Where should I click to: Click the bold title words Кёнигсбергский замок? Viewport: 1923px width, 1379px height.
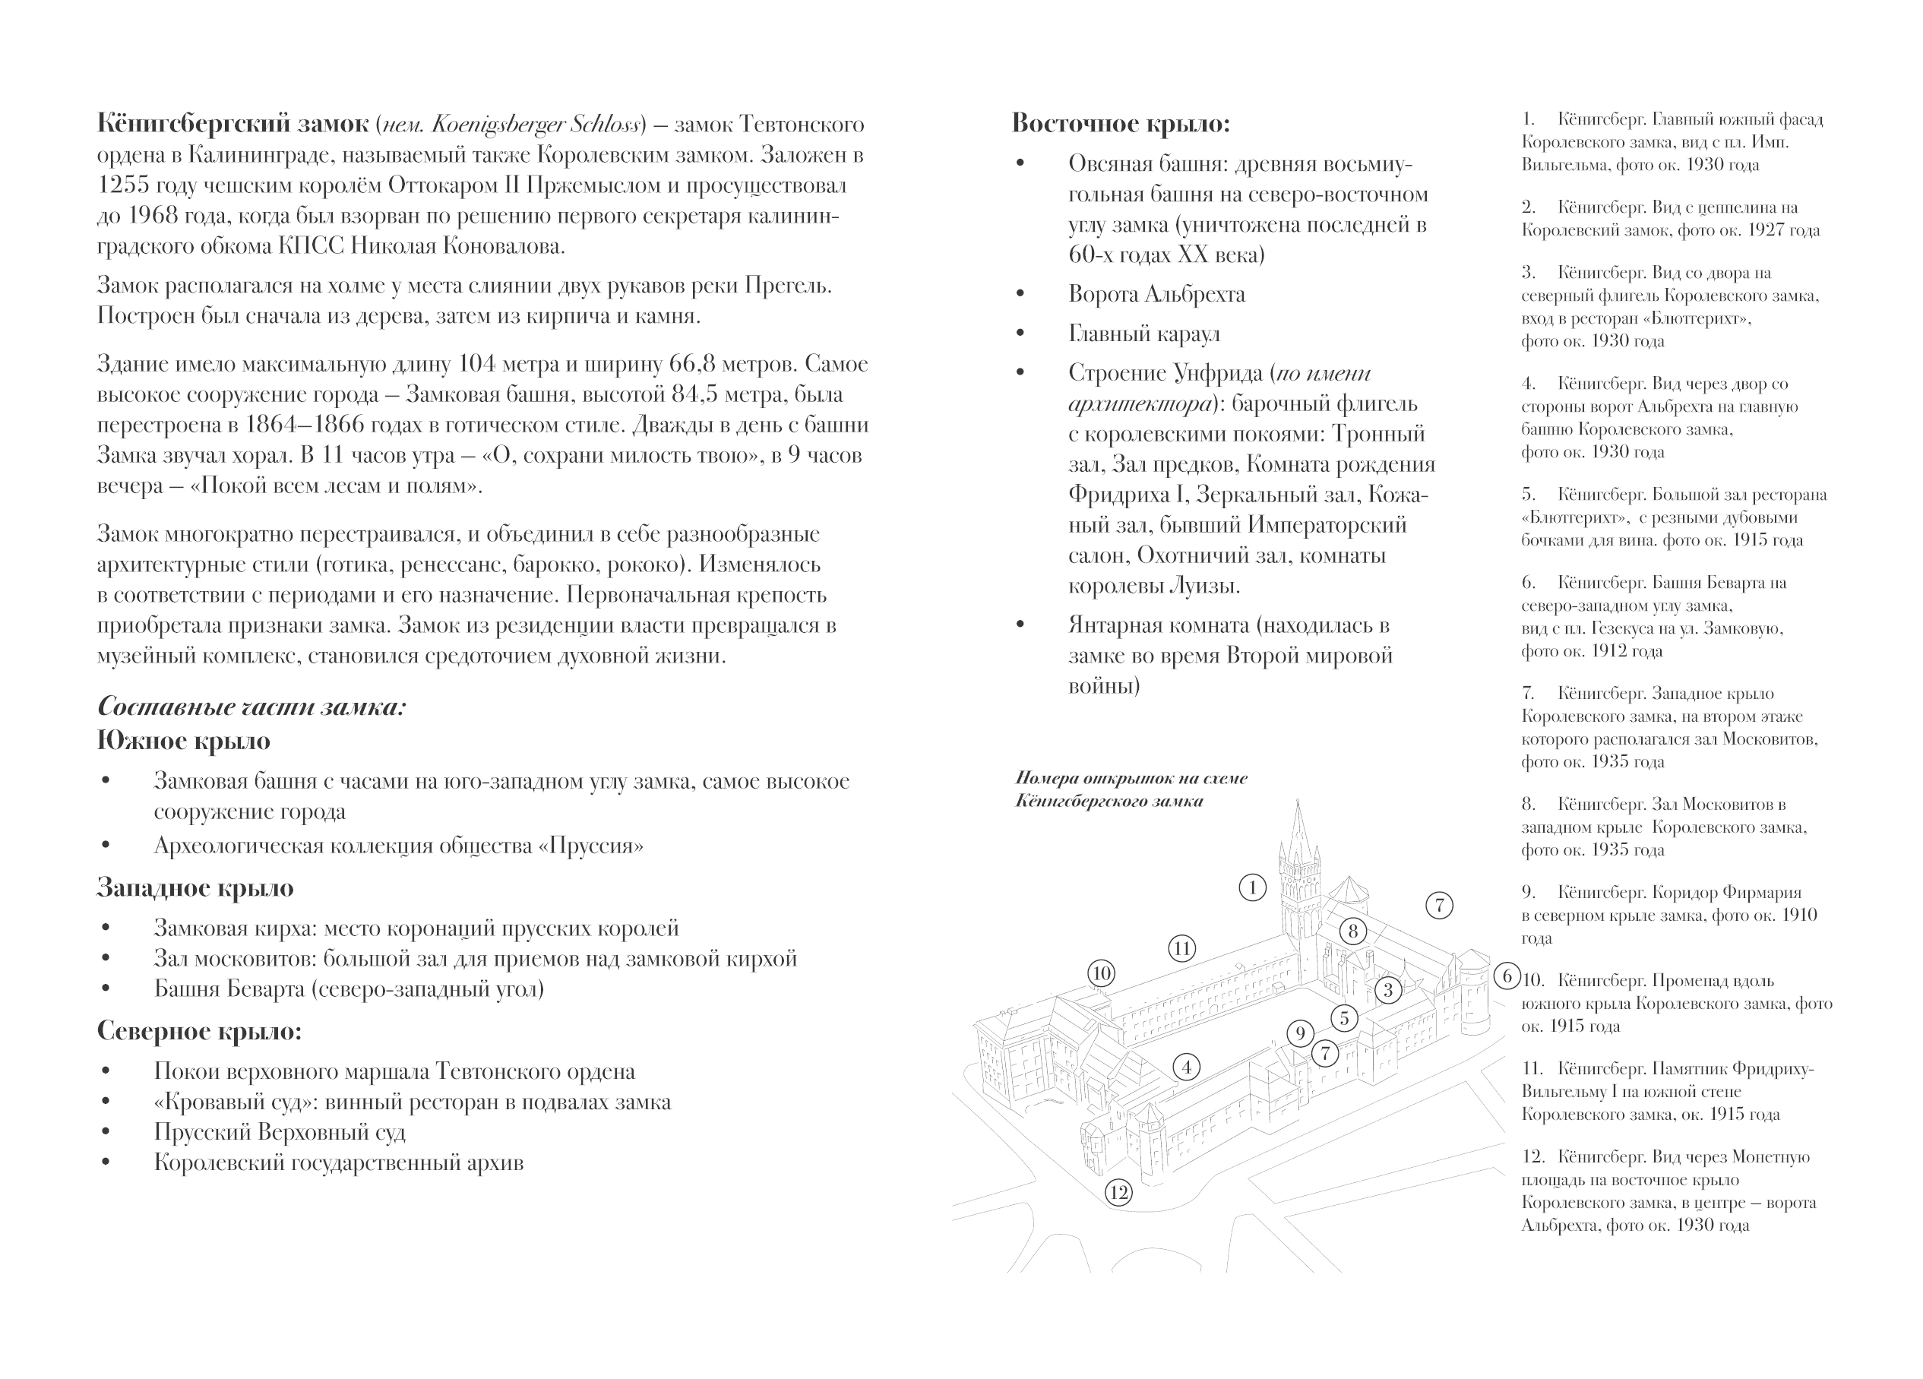232,125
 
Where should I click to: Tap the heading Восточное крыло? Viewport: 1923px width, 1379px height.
1120,124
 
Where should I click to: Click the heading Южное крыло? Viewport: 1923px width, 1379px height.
183,742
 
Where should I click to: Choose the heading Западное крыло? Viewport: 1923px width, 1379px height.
195,888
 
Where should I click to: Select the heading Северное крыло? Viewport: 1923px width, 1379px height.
199,1031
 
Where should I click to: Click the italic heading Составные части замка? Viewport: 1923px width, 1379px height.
251,707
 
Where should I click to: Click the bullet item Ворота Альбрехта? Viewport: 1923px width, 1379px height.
1156,295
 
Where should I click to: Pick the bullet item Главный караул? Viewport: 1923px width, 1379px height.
1143,334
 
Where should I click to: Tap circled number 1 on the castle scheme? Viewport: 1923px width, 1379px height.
1252,888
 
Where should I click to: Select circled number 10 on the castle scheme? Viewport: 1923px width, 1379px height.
1102,973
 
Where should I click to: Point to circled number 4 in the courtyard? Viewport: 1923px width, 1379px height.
1187,1067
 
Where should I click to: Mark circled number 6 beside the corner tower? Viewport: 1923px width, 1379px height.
1507,976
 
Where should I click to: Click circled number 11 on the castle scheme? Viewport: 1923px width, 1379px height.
1182,948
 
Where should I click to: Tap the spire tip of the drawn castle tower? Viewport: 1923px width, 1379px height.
1297,802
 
